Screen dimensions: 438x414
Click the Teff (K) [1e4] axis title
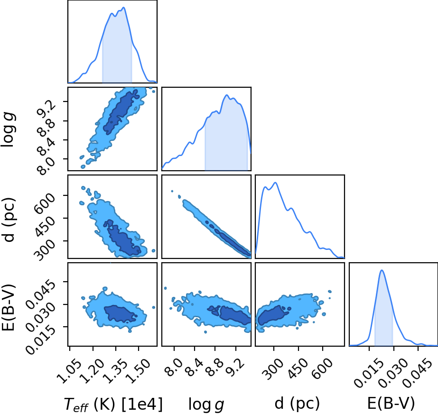(x=113, y=404)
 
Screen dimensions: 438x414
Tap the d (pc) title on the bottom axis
(x=297, y=404)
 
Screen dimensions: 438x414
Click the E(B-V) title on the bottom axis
(x=391, y=404)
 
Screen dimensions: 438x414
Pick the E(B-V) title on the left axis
(x=8, y=307)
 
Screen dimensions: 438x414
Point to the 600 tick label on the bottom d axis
(x=322, y=368)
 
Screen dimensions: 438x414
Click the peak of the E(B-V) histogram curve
(x=382, y=270)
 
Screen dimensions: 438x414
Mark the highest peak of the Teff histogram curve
(x=124, y=7)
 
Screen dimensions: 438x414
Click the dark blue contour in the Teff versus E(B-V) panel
(x=120, y=313)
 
